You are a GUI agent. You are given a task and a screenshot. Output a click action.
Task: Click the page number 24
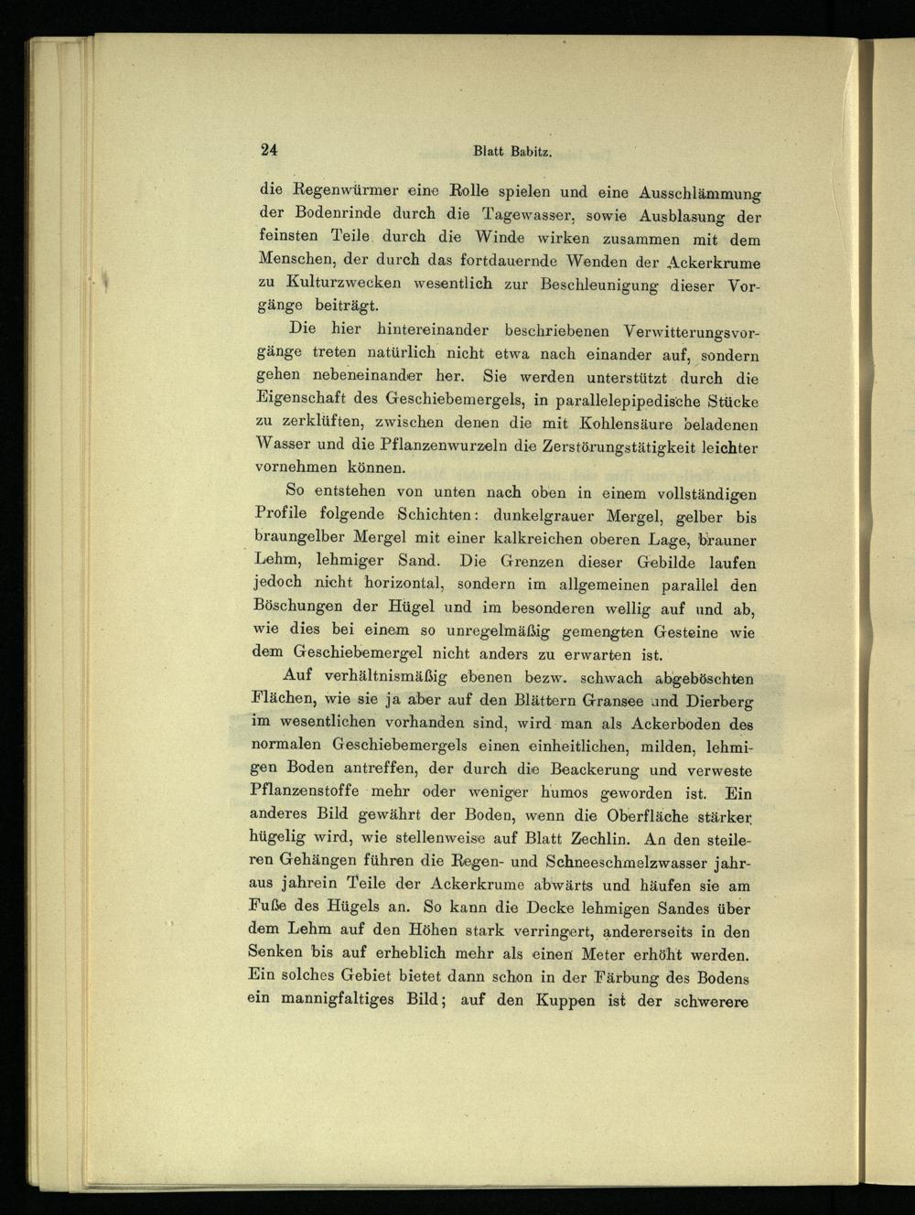(x=268, y=151)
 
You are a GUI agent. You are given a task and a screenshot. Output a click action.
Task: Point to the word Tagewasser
(x=522, y=217)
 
